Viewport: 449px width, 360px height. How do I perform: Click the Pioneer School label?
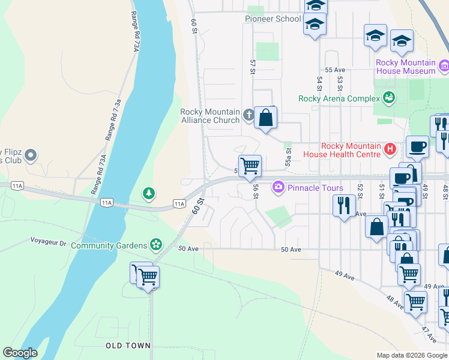pos(273,19)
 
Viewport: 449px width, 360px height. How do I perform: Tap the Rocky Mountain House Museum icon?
pos(444,65)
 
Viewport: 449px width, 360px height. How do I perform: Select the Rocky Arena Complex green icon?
pos(389,97)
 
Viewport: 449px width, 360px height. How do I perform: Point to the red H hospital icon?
pos(390,148)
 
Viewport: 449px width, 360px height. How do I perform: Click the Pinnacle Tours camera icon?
pos(278,187)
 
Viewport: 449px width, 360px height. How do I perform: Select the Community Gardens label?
pos(109,245)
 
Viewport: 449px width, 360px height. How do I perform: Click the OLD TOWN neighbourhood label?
pos(128,346)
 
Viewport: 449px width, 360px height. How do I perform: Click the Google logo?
pos(20,353)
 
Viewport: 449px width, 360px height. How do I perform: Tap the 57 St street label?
pos(253,67)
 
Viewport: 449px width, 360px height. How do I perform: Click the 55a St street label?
pos(288,158)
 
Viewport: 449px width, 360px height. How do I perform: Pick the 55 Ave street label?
pos(335,70)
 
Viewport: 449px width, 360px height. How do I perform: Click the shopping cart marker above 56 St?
pos(250,166)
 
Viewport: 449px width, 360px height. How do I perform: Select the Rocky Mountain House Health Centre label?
pos(351,150)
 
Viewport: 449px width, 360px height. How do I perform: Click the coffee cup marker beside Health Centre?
pos(417,146)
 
